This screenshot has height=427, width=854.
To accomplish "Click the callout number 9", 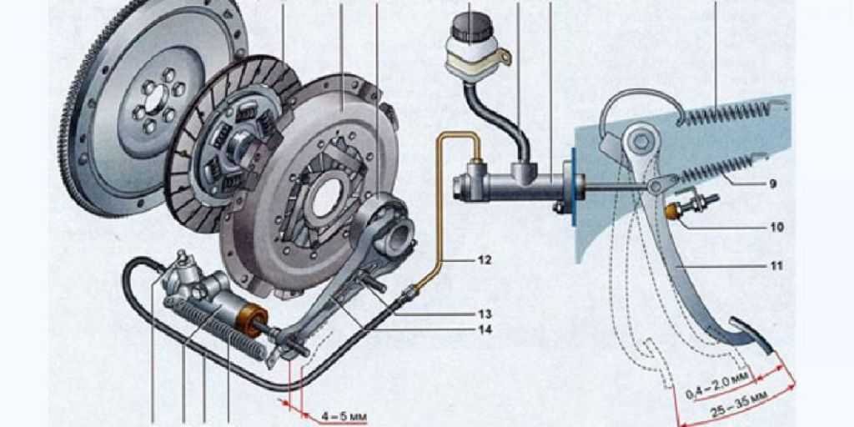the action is click(x=773, y=184).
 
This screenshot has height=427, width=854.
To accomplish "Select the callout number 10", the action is click(x=777, y=227).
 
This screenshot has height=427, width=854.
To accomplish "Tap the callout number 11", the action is click(x=776, y=266).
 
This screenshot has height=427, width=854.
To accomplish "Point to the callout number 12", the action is click(x=485, y=260).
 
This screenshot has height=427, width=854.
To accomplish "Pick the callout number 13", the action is click(x=485, y=314).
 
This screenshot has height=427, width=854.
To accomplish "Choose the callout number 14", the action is click(x=485, y=329).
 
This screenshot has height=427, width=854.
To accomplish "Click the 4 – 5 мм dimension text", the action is click(x=344, y=417).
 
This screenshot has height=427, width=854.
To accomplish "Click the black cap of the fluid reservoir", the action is click(x=472, y=27).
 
